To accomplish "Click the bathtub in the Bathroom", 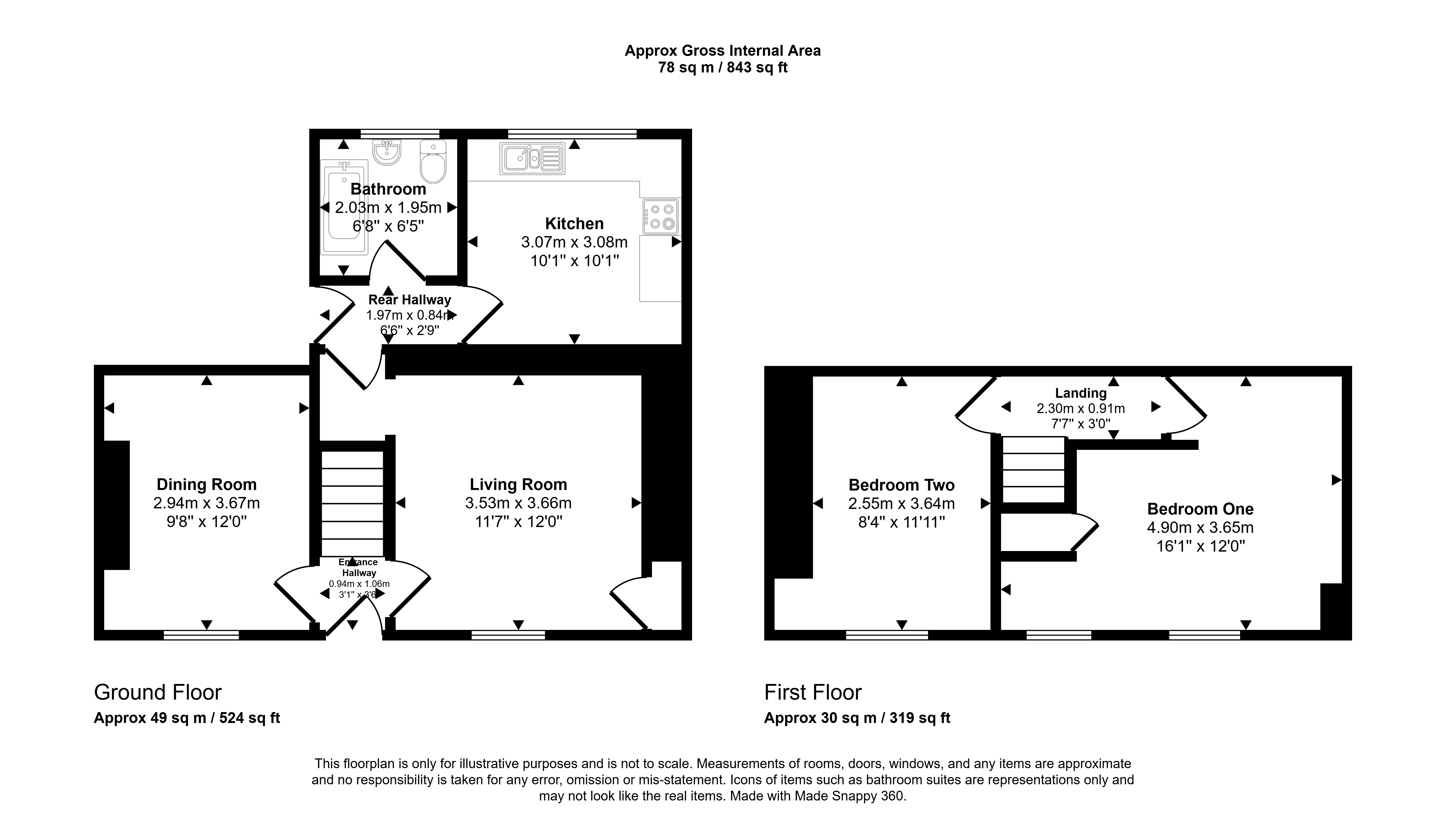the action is click(x=344, y=207).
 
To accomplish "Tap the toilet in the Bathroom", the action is click(x=433, y=161).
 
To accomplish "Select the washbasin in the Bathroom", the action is click(x=388, y=152).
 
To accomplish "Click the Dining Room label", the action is click(x=207, y=484).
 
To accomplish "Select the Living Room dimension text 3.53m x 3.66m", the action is click(x=518, y=503).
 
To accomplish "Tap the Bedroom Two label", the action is click(x=902, y=485).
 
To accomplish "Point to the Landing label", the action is click(x=1081, y=393).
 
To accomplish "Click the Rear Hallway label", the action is click(x=410, y=300).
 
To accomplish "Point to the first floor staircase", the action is click(x=1034, y=470).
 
